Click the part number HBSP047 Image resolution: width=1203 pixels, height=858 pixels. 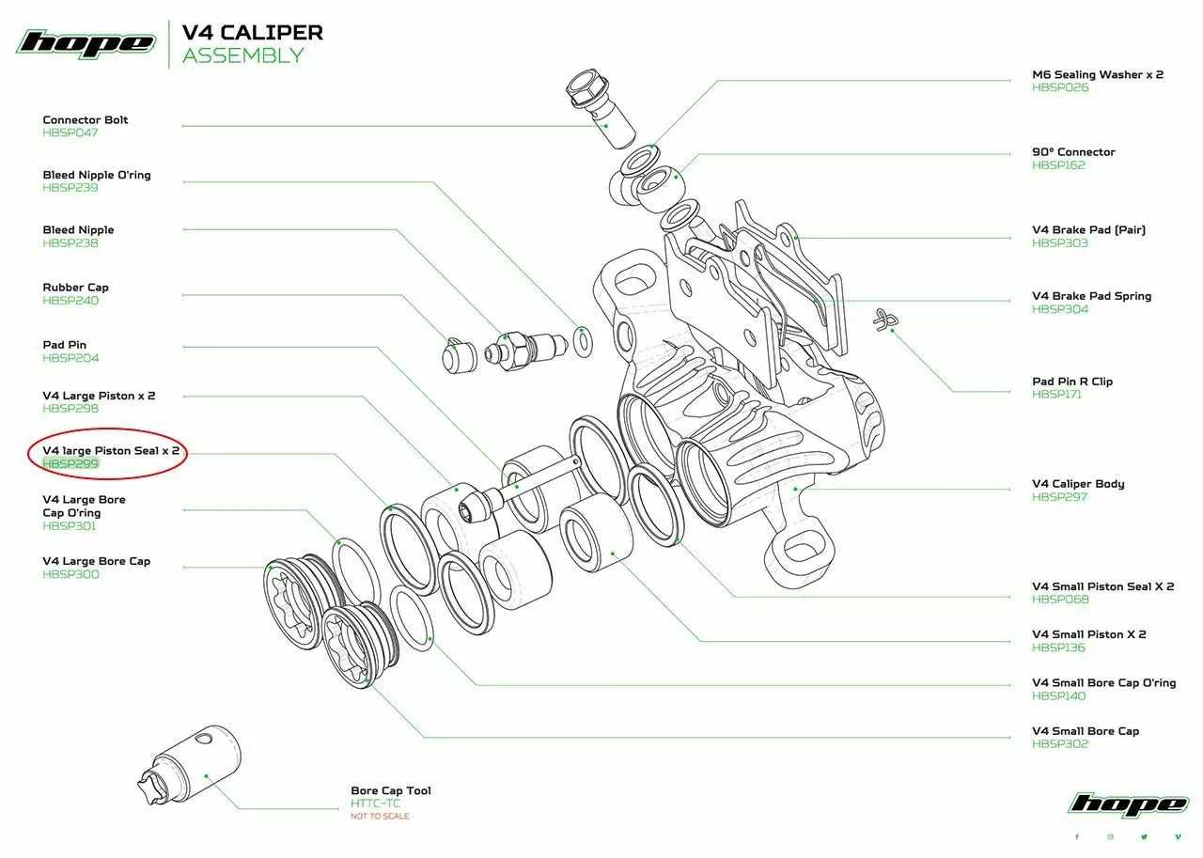[x=70, y=133]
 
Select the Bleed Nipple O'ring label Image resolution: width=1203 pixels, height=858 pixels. [x=97, y=175]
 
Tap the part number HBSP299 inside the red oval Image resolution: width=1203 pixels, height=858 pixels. [x=70, y=463]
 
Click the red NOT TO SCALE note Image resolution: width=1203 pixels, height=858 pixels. [x=380, y=816]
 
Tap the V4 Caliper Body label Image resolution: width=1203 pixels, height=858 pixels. [x=1078, y=484]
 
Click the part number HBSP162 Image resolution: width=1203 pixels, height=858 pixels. [x=1059, y=164]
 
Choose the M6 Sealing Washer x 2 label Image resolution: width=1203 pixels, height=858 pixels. [x=1098, y=74]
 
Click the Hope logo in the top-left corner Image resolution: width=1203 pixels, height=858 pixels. [x=86, y=43]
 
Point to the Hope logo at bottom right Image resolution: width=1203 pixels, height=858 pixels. [x=1128, y=804]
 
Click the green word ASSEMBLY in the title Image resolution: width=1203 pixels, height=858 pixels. [x=243, y=55]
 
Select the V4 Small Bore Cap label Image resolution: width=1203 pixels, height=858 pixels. [x=1086, y=731]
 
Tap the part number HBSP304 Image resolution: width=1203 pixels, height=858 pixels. [x=1060, y=309]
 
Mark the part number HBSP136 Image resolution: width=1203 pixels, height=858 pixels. [x=1058, y=647]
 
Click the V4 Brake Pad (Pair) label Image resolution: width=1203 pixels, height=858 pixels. [x=1088, y=229]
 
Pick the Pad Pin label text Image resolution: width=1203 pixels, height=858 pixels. [x=65, y=345]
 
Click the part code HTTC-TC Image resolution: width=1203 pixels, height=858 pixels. [x=375, y=803]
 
